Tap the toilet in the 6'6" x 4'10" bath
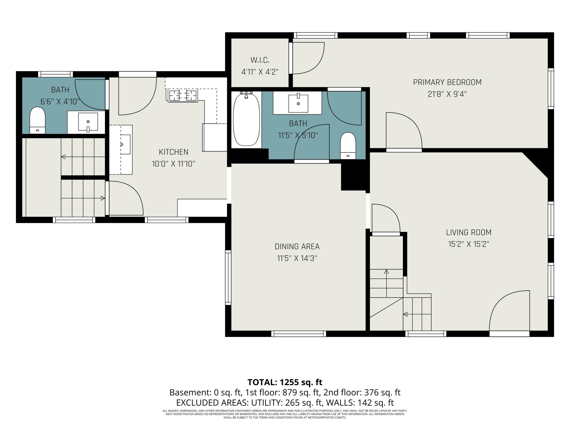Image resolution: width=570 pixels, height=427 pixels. [38, 120]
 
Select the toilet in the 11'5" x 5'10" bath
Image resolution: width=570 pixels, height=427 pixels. [348, 146]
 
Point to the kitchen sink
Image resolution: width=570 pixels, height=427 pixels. [125, 144]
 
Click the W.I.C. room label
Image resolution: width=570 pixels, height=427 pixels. [260, 60]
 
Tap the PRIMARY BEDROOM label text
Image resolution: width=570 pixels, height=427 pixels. [447, 82]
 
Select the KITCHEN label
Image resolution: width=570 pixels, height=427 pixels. [173, 152]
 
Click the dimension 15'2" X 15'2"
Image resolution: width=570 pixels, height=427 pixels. [469, 244]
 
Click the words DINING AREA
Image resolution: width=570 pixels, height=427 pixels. [297, 247]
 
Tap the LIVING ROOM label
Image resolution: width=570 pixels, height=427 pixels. [469, 232]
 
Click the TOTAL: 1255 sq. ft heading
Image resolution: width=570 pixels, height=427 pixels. [285, 382]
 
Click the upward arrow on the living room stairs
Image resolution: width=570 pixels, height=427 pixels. [386, 283]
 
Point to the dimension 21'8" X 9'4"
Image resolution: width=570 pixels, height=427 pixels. [447, 94]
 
